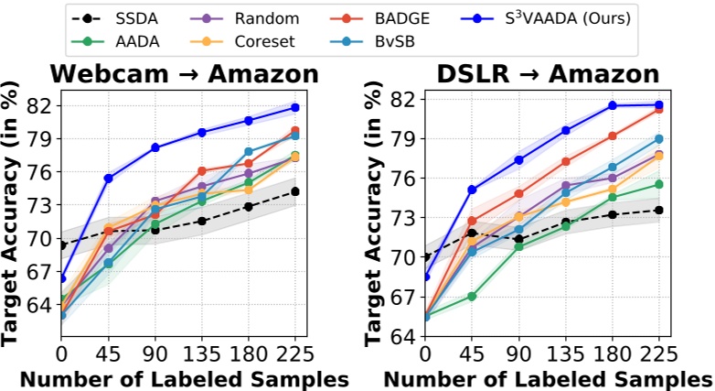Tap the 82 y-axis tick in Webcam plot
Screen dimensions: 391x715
pos(40,106)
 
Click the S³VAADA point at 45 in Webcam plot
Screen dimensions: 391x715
pos(108,179)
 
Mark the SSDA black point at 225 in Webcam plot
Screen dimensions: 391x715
pos(295,191)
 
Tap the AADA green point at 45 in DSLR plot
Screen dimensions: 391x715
pos(472,297)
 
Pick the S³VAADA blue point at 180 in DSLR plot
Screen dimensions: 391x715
pos(612,105)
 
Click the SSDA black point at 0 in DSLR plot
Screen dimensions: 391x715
pos(425,257)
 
